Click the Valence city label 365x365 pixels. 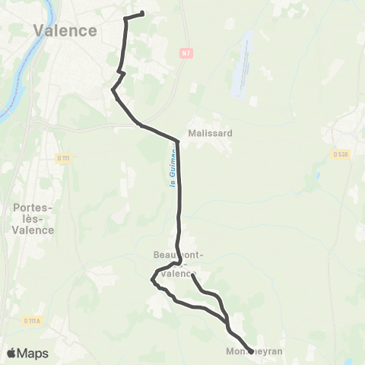click(65, 30)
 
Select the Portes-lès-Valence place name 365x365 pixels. click(33, 218)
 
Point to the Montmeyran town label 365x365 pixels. click(254, 352)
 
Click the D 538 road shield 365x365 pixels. click(339, 154)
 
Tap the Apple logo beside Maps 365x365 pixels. click(11, 353)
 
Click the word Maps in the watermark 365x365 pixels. click(33, 353)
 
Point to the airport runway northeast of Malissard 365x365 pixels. click(245, 64)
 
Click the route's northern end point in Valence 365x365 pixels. click(142, 14)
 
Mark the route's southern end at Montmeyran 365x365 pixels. click(251, 351)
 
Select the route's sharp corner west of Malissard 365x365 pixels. click(178, 141)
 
